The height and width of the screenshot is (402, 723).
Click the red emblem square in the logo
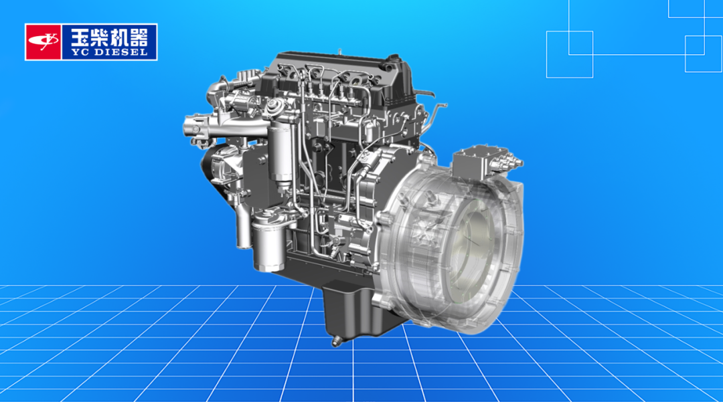point(43,42)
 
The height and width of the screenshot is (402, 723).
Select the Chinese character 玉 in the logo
point(80,36)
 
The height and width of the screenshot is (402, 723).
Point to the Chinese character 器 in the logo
point(139,36)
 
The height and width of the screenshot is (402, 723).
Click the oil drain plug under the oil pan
point(336,341)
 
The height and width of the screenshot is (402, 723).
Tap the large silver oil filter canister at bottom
point(269,244)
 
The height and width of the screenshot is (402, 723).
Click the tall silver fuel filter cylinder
point(280,152)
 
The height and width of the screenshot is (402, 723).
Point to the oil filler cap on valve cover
point(394,60)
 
